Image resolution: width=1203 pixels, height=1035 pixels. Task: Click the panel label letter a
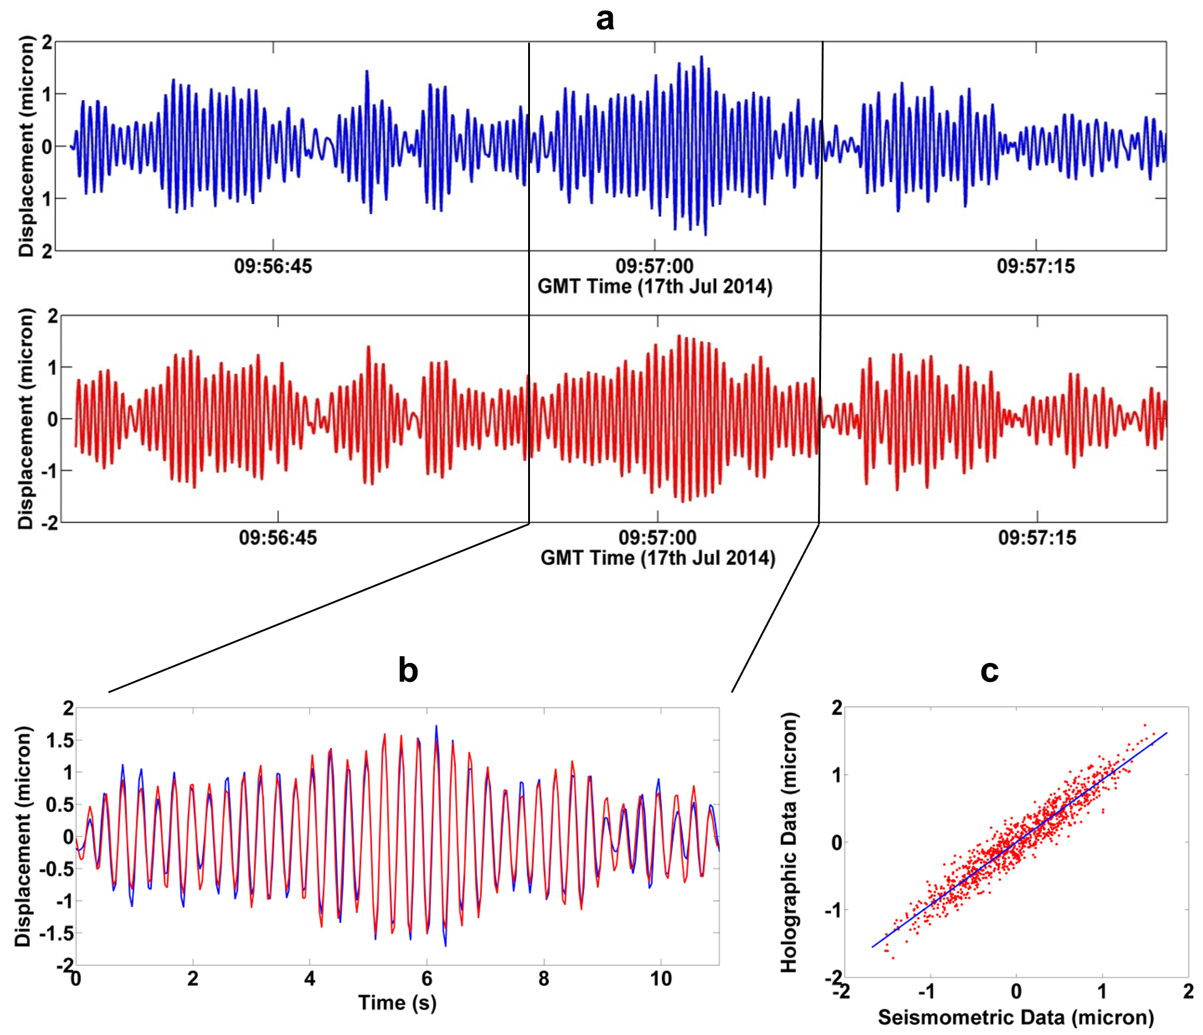pos(605,20)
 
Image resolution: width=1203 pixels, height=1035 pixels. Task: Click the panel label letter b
pos(408,670)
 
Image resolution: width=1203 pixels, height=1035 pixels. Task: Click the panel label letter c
pos(989,670)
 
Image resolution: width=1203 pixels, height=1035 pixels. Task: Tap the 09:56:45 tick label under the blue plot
pos(273,266)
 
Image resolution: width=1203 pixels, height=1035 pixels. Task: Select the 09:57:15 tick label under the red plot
pos(1037,538)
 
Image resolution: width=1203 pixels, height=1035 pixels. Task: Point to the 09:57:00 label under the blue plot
pos(655,266)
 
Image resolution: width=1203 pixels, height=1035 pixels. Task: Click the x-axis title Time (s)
pos(397,1002)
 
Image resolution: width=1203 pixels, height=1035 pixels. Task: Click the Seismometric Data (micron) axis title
pos(1016,1017)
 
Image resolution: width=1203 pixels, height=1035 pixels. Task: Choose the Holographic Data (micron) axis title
pos(788,842)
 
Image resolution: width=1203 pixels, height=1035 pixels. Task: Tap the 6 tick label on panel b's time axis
pos(427,979)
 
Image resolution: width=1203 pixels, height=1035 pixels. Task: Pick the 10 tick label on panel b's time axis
pos(661,979)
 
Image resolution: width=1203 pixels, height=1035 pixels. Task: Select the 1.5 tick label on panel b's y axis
pos(60,740)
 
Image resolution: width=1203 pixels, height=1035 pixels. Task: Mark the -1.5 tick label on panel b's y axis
pos(56,934)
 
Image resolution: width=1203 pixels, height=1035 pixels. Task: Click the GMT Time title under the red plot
pos(658,558)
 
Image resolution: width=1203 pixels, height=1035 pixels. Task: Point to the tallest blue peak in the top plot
pos(701,57)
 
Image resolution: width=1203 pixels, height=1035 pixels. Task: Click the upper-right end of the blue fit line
pos(1167,733)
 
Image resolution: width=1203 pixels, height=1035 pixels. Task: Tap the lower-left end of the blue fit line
pos(872,947)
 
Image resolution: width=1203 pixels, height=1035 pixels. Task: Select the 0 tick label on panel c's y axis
pos(836,842)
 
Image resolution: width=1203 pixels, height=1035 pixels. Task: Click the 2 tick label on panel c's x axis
pos(1188,991)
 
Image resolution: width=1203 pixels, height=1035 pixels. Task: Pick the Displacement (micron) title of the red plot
pos(26,419)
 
